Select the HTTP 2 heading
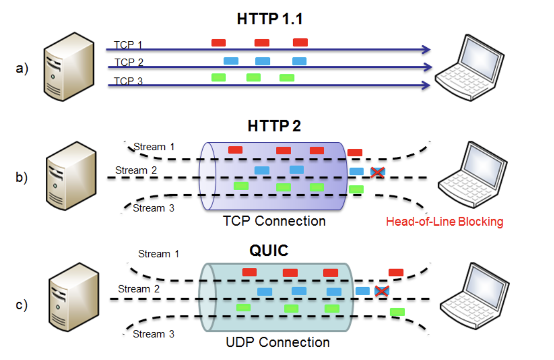point(274,126)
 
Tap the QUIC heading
point(269,250)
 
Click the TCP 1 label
point(128,45)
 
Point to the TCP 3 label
point(128,81)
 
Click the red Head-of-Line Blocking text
point(444,221)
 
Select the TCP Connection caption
point(275,221)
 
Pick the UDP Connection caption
point(278,342)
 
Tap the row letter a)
point(22,68)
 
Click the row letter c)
point(22,305)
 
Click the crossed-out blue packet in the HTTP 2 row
point(378,172)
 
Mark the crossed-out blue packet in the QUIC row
point(383,291)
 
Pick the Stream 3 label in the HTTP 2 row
point(153,208)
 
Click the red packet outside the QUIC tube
point(396,273)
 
